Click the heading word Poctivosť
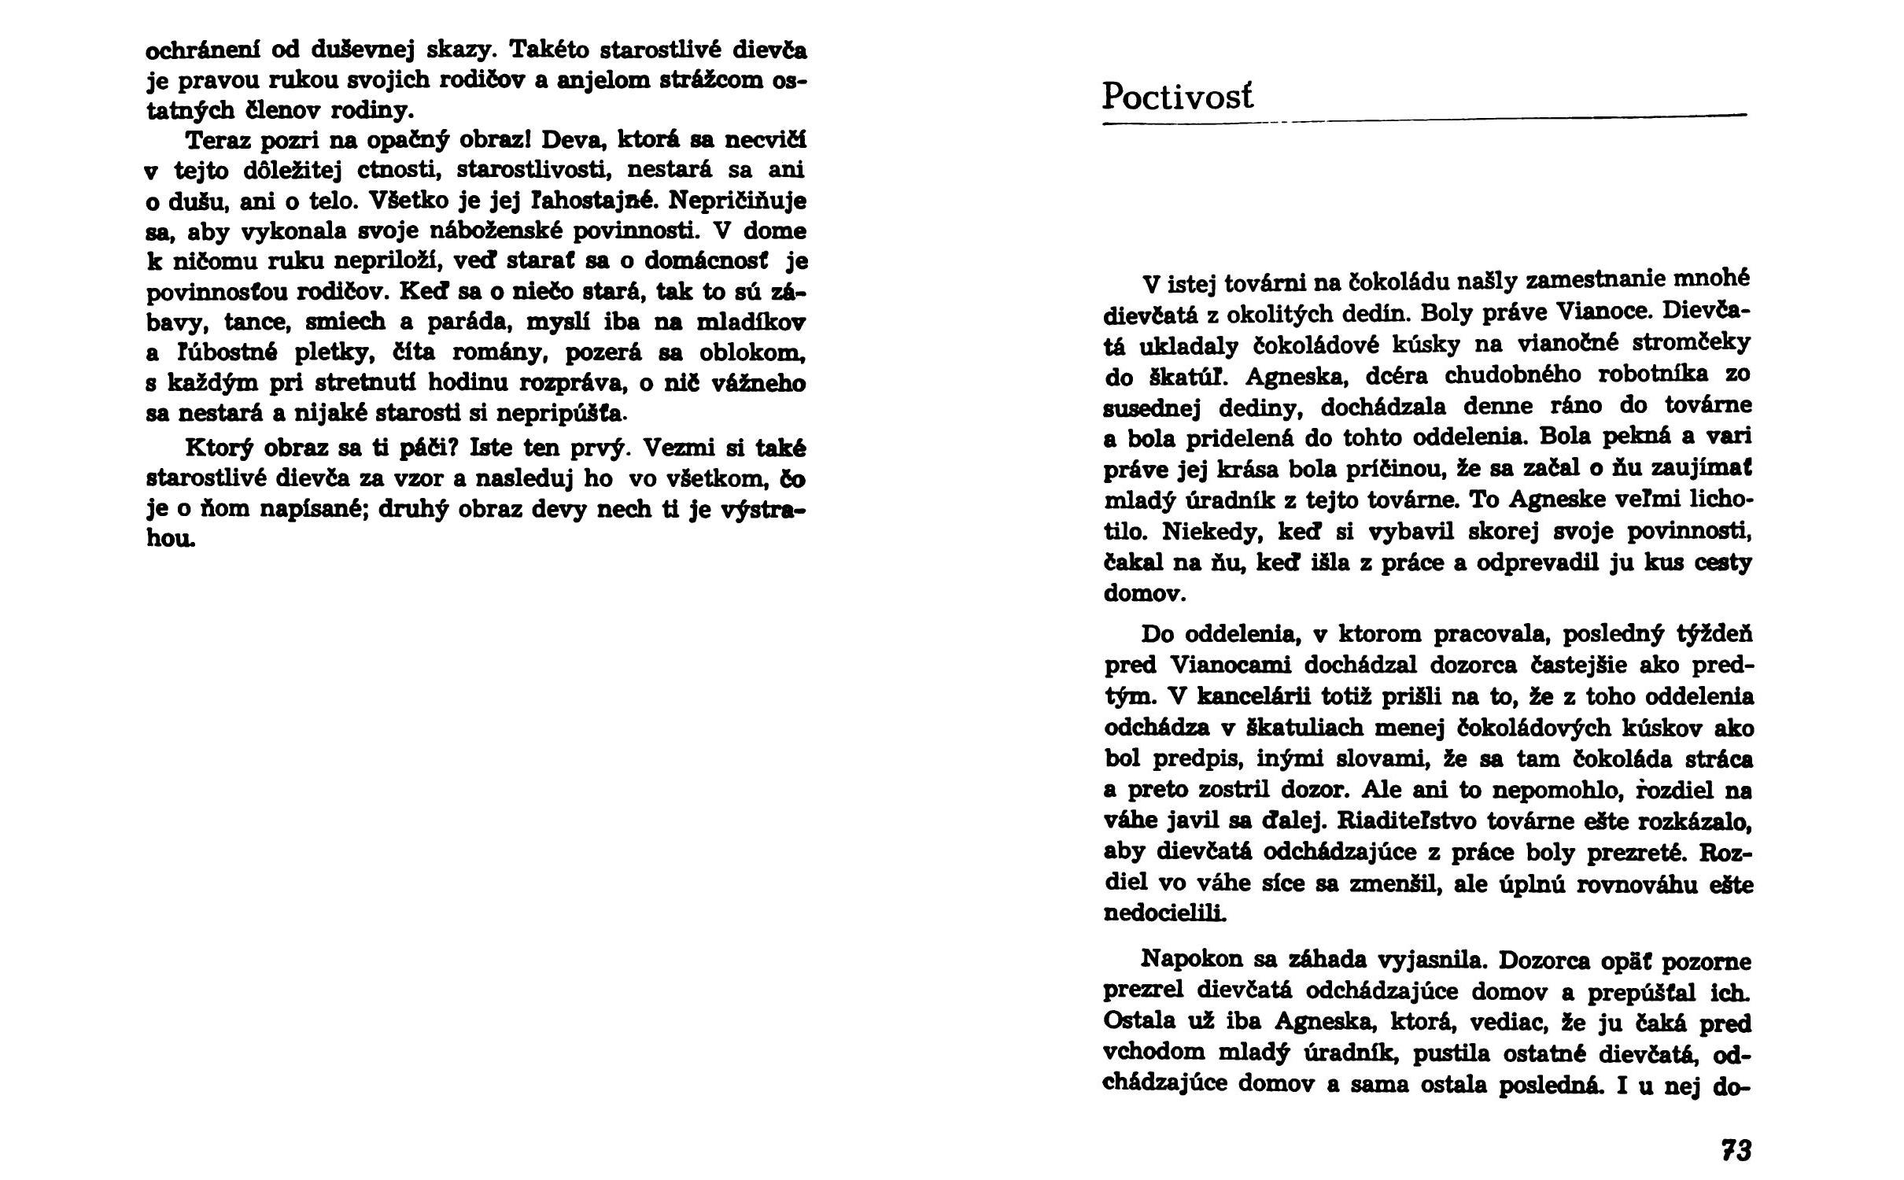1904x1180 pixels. tap(1177, 97)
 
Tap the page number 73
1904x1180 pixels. tap(1736, 1150)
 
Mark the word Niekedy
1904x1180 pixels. tap(1212, 531)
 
